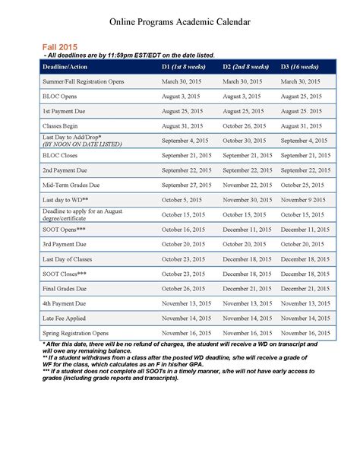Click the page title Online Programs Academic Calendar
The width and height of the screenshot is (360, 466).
(x=179, y=23)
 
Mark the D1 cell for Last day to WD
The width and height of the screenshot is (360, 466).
(x=182, y=199)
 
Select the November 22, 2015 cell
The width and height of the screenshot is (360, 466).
(x=246, y=185)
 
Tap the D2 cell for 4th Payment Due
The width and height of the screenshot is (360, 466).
(x=247, y=303)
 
